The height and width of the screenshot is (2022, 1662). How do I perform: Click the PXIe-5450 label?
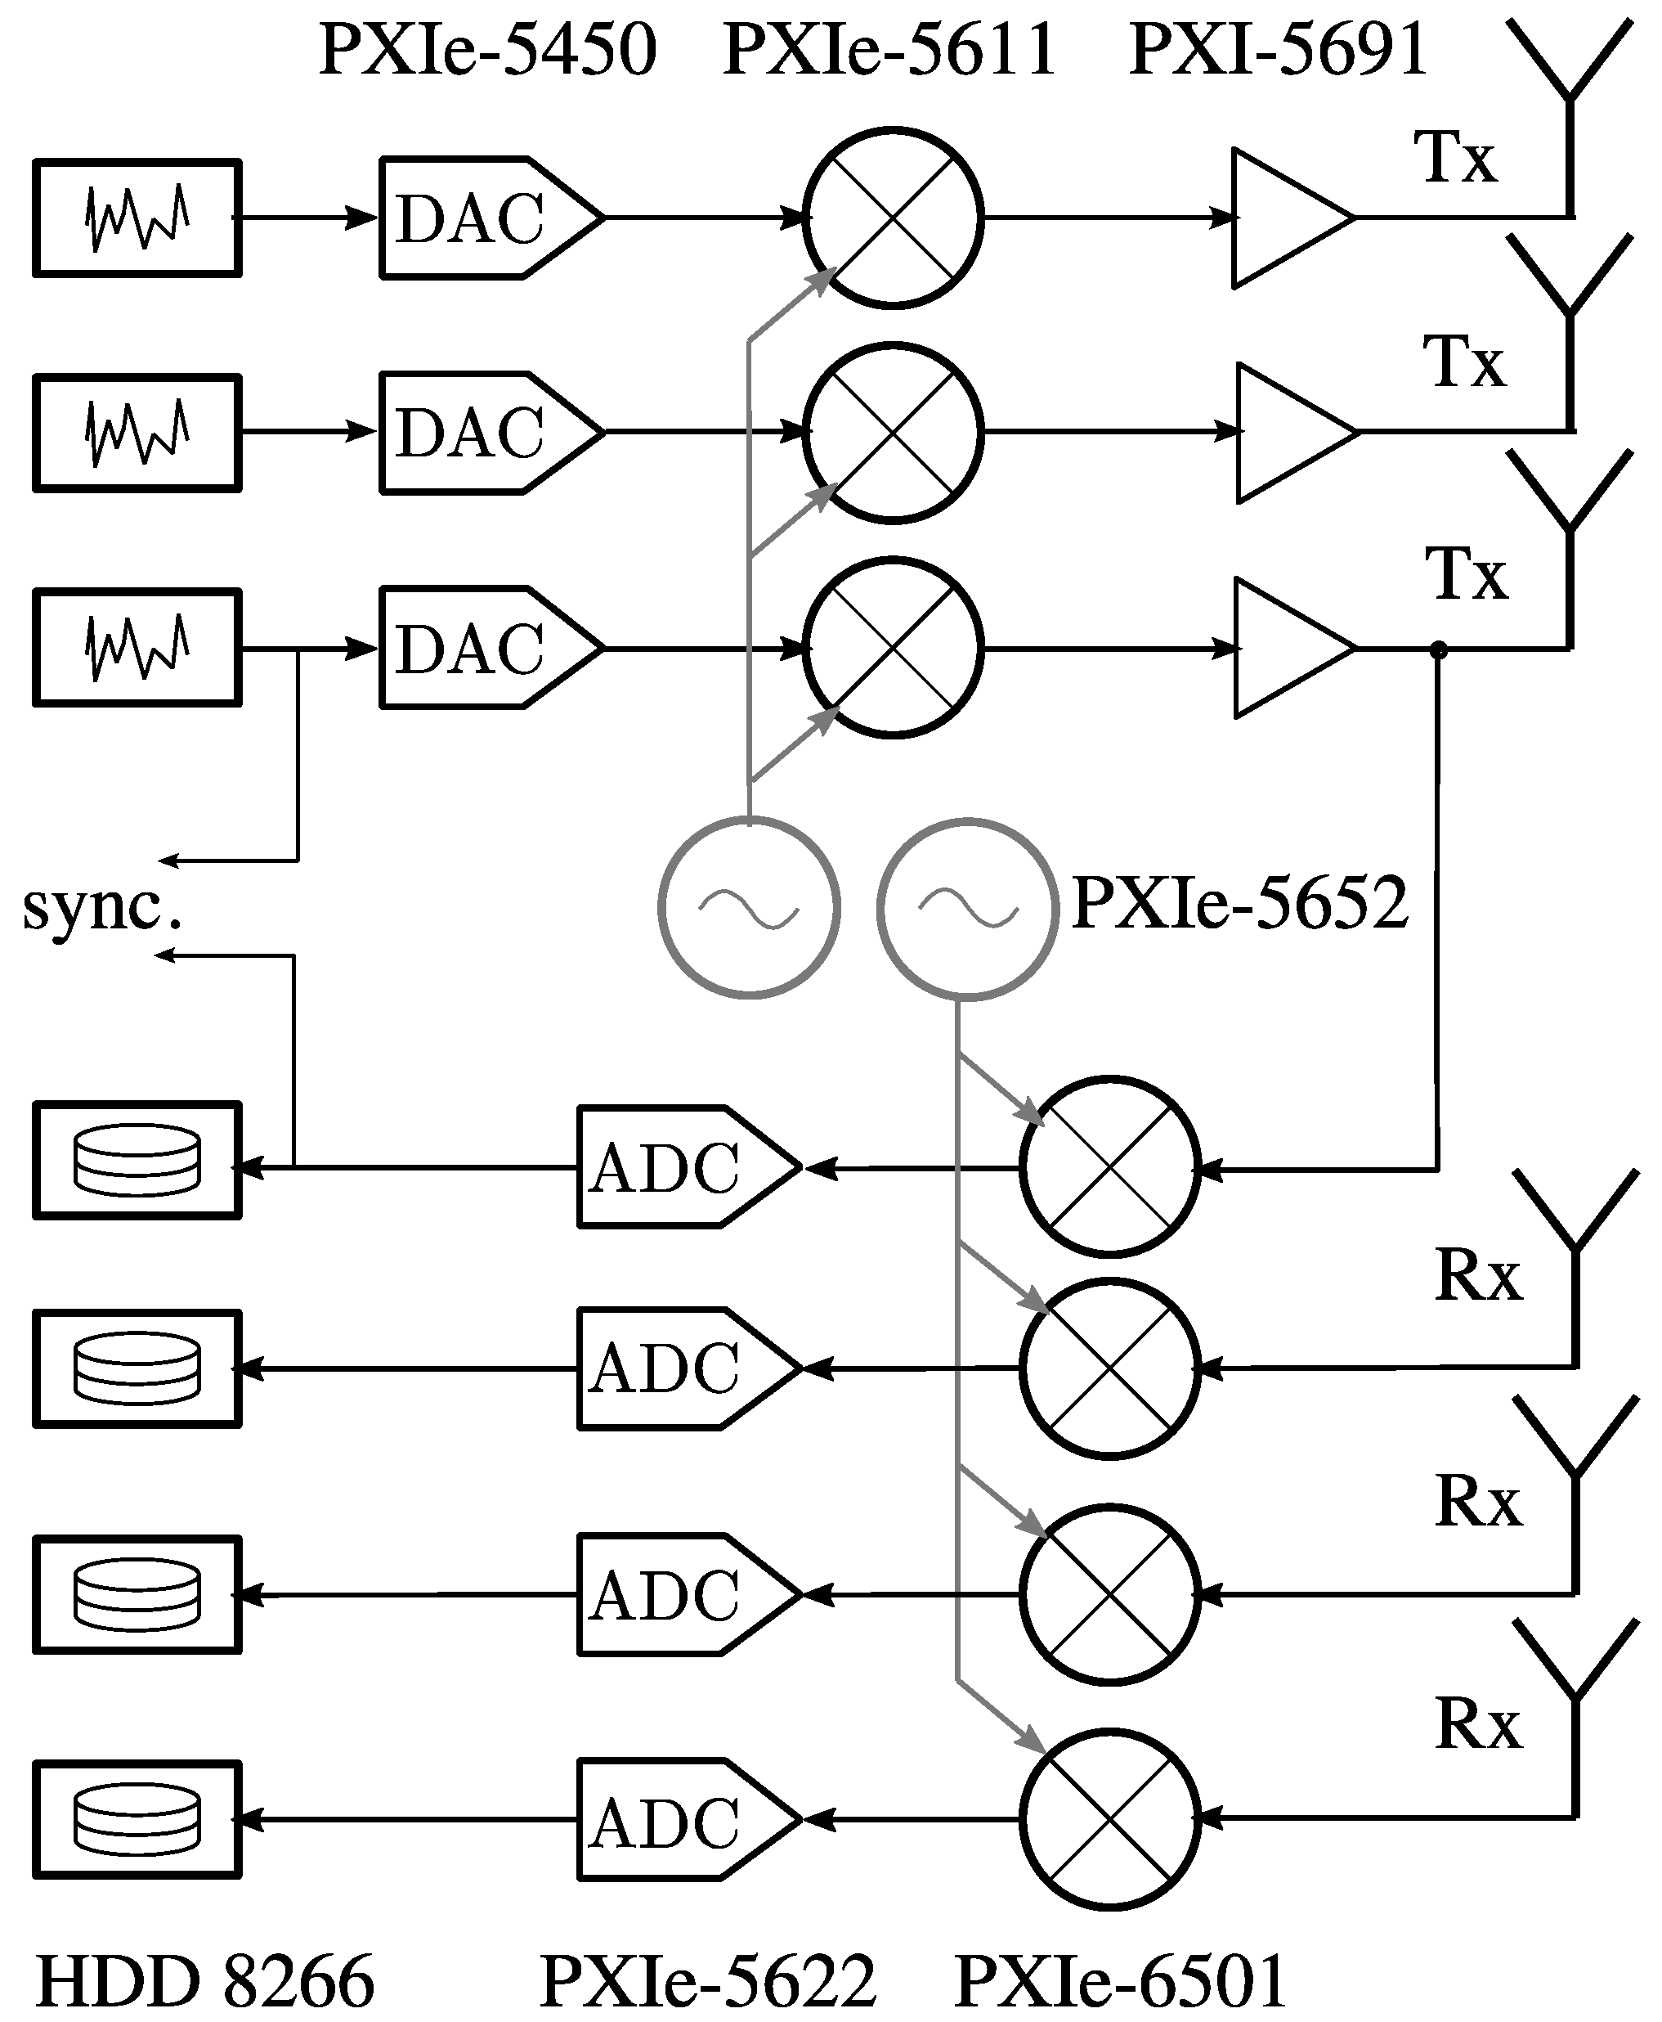tap(487, 50)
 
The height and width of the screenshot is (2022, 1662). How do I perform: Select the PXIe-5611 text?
tap(889, 50)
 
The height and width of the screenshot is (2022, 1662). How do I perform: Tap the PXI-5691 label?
tap(1278, 50)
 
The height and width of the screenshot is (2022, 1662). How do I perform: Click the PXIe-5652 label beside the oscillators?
tap(1240, 903)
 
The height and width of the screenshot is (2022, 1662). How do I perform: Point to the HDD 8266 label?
tap(205, 1983)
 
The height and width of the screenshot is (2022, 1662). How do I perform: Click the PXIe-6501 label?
tap(1120, 1983)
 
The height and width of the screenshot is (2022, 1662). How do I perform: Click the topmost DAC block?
tap(488, 218)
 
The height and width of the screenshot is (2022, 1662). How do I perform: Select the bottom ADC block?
tap(685, 1819)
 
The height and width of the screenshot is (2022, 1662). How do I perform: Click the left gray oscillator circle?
tap(750, 907)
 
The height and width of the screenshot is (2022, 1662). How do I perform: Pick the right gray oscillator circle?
tap(967, 907)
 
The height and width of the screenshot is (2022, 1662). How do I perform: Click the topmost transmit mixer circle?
tap(892, 218)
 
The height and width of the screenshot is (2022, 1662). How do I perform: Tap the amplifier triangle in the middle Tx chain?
tap(1288, 433)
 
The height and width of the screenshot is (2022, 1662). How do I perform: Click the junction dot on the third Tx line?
tap(1438, 650)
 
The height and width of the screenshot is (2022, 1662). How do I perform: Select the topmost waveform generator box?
tap(137, 218)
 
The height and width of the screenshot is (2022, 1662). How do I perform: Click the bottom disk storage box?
tap(137, 1819)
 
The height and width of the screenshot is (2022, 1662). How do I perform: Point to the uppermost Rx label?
tap(1478, 1275)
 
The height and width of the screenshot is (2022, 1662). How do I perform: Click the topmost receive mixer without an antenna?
tap(1109, 1166)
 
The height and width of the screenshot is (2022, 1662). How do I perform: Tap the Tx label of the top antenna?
tap(1454, 158)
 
